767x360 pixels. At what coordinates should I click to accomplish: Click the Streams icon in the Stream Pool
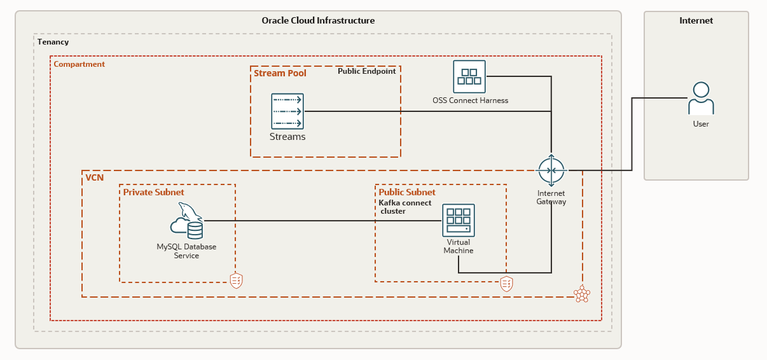(287, 111)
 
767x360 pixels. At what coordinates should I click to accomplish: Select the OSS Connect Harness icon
(469, 76)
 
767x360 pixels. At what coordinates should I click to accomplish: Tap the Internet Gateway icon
(551, 170)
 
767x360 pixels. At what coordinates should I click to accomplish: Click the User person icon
(701, 99)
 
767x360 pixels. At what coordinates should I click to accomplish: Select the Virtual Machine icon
(459, 220)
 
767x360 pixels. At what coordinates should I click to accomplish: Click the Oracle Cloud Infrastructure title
(318, 20)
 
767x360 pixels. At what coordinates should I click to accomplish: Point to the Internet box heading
(696, 20)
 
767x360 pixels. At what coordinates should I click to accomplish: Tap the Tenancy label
(53, 42)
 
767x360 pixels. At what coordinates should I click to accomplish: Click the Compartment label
(79, 64)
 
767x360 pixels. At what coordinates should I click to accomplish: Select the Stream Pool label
(280, 73)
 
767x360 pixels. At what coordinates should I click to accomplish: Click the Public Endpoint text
(366, 71)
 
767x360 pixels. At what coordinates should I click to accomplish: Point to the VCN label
(94, 177)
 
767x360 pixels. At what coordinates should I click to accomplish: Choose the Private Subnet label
(153, 192)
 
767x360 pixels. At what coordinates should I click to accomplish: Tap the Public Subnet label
(407, 192)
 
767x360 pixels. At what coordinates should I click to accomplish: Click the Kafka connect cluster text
(404, 207)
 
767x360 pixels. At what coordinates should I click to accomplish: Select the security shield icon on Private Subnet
(236, 280)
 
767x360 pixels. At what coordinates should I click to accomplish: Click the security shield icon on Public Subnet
(506, 284)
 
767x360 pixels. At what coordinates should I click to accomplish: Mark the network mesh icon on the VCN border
(581, 294)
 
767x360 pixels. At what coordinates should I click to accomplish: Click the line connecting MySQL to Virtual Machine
(318, 221)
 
